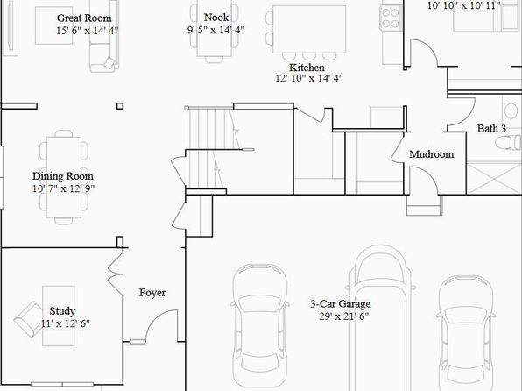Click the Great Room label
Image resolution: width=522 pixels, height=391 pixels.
point(84,18)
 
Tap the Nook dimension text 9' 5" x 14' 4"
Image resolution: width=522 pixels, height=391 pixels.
point(215,30)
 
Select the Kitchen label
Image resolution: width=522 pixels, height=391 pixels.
point(307,68)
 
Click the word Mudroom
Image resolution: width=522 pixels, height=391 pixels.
point(431,154)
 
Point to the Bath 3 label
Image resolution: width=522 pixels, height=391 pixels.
point(491,128)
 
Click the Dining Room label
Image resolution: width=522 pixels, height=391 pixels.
point(62,176)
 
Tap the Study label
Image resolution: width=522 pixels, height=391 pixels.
point(62,311)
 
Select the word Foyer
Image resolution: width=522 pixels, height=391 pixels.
point(152,293)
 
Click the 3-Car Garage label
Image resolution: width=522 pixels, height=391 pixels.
point(340,303)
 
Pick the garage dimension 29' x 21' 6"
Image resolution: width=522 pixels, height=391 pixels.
point(344,316)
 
